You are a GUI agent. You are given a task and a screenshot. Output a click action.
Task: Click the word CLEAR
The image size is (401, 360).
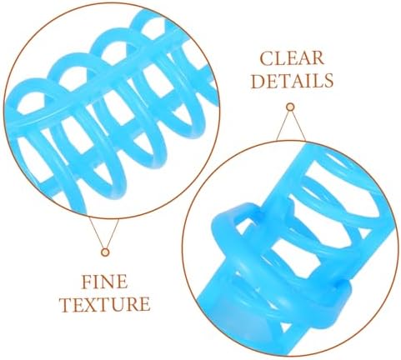[292, 58]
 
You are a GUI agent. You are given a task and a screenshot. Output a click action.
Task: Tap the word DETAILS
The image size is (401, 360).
[292, 80]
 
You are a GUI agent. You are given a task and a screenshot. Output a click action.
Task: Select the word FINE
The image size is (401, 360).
[104, 282]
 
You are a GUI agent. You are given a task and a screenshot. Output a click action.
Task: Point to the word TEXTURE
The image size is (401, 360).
[105, 304]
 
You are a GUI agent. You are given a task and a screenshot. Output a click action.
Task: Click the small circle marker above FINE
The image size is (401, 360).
[105, 252]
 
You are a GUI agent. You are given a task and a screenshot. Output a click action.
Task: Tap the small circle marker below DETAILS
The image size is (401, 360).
[290, 107]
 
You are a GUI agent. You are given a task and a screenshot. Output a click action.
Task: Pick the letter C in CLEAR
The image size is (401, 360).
[266, 58]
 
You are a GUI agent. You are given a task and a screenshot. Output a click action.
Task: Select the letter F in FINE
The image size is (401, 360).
[87, 282]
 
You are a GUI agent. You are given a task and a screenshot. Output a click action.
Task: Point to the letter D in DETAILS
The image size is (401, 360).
[258, 81]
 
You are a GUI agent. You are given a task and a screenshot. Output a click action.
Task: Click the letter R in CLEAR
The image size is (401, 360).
[318, 58]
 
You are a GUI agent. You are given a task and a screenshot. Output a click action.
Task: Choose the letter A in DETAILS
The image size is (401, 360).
[297, 81]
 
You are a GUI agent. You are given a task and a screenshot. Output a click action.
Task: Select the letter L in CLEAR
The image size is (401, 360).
[279, 58]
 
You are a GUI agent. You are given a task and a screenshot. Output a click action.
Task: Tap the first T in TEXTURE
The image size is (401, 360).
[67, 304]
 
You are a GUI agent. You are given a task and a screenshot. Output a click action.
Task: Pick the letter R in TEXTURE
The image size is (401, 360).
[133, 304]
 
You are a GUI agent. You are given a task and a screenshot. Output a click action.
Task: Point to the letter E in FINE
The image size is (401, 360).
[123, 282]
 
